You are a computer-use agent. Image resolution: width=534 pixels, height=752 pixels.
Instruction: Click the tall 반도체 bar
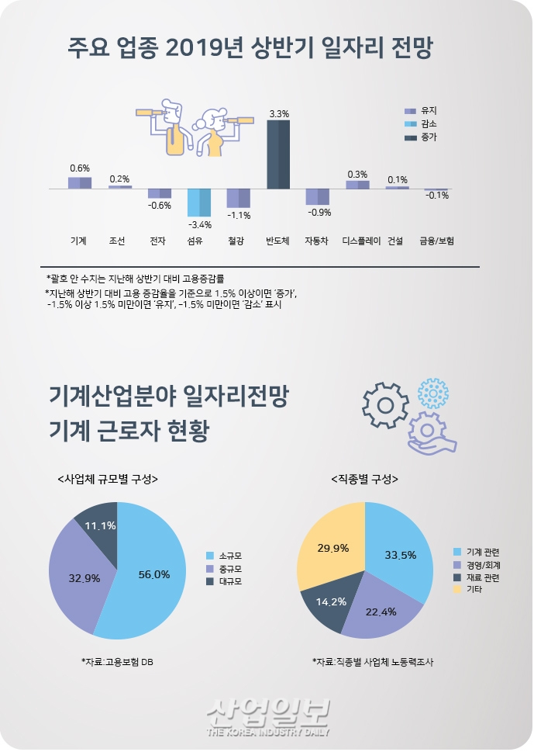point(278,154)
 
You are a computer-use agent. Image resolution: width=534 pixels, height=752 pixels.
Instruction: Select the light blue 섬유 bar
point(199,203)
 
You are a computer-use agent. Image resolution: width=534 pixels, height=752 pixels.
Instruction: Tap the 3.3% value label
point(279,114)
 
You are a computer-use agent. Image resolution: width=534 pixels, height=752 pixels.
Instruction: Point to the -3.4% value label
point(199,224)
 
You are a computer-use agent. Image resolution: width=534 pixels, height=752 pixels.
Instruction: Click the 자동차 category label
point(317,241)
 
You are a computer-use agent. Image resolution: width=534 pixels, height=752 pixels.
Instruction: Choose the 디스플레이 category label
point(361,241)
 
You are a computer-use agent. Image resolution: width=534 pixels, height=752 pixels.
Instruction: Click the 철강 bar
point(238,198)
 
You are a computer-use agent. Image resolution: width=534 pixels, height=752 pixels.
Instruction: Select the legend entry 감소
point(428,124)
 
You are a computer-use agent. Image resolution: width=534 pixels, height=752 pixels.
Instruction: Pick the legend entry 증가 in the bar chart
point(428,137)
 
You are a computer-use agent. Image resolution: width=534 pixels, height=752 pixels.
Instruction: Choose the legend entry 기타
point(470,590)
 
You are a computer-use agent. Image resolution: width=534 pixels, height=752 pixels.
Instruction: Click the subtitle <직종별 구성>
point(365,479)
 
